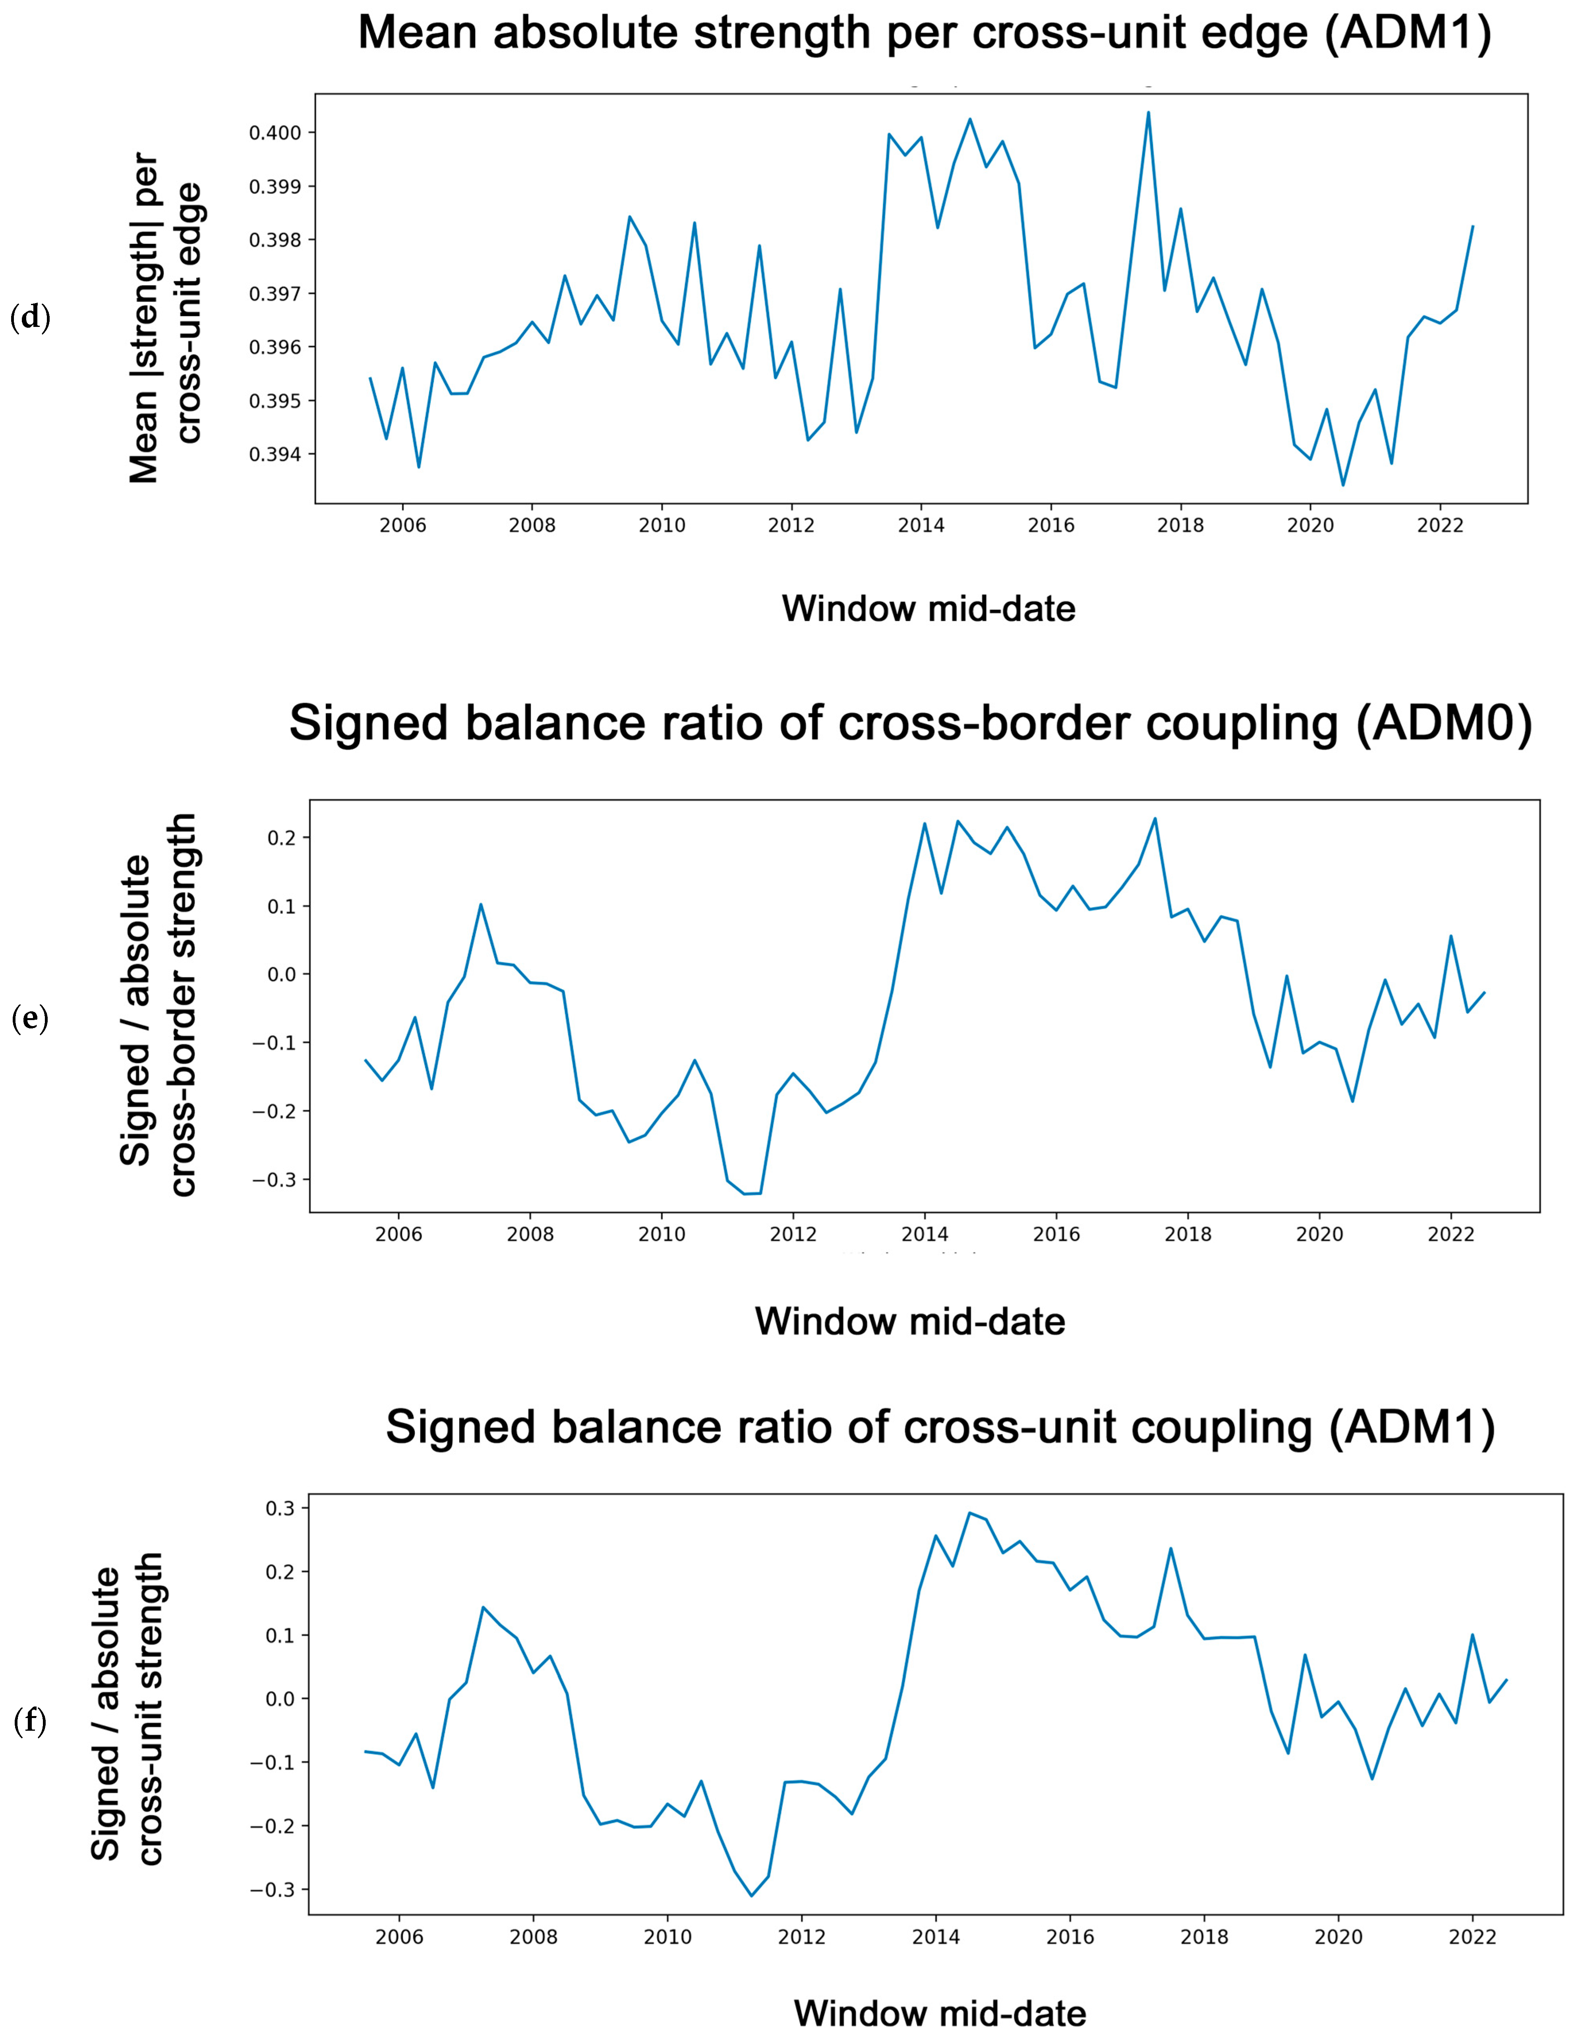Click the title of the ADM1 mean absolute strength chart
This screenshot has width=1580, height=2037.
924,34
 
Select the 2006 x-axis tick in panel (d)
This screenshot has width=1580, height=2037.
402,525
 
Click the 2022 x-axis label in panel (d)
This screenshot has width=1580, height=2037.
1439,525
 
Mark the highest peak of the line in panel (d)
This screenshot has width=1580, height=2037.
1148,112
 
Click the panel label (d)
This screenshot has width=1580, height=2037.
30,318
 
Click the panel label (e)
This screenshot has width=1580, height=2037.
30,1018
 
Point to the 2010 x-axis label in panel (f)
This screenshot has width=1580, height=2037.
668,1937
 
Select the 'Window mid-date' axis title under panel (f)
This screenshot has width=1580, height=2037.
940,2014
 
